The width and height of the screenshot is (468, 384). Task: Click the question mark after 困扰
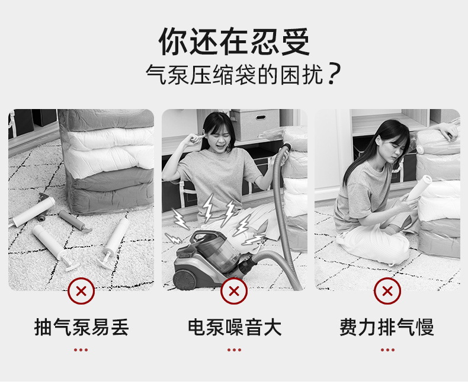[x=334, y=76]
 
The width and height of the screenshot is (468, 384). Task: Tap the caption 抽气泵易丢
[x=81, y=327]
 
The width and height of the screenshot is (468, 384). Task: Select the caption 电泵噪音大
[x=234, y=327]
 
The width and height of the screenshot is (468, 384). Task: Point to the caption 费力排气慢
[x=387, y=327]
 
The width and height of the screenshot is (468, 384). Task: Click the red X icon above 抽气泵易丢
[x=81, y=291]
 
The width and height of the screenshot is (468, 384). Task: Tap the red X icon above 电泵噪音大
[x=234, y=291]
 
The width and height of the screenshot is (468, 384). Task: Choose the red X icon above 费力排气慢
[x=387, y=291]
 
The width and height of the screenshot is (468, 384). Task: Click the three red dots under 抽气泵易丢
[x=81, y=350]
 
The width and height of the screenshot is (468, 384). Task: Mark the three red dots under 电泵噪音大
[x=234, y=350]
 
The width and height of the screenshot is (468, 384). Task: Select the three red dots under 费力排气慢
[x=387, y=350]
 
